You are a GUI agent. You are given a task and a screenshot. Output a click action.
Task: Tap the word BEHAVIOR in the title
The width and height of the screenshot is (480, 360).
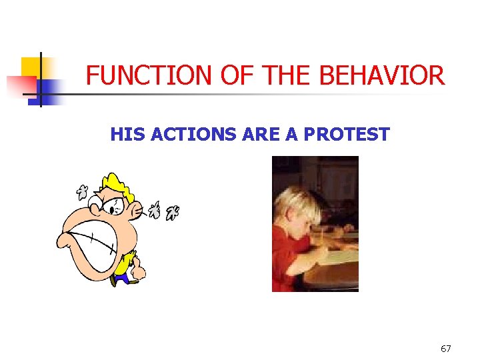coord(382,76)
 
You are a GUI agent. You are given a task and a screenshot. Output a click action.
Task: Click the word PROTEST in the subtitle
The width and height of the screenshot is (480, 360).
coord(347,135)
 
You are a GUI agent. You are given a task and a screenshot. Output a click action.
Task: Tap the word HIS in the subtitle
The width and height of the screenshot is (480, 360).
coord(129,135)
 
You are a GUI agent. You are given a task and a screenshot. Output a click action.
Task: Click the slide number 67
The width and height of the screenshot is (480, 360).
coord(446,349)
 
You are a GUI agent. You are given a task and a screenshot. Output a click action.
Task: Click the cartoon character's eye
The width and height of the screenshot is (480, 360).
coord(115,206)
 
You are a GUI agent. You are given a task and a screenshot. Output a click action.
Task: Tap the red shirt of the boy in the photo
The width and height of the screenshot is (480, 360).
coord(287,257)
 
